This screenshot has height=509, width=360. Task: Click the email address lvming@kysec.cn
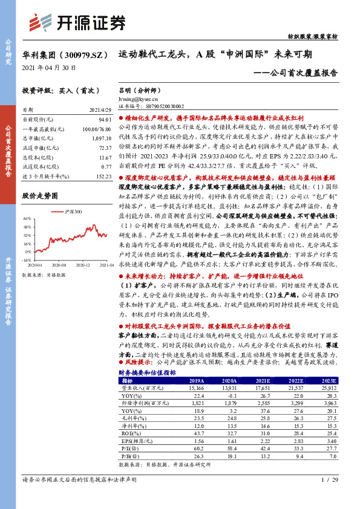139,97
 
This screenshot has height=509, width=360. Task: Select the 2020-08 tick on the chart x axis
59,264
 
